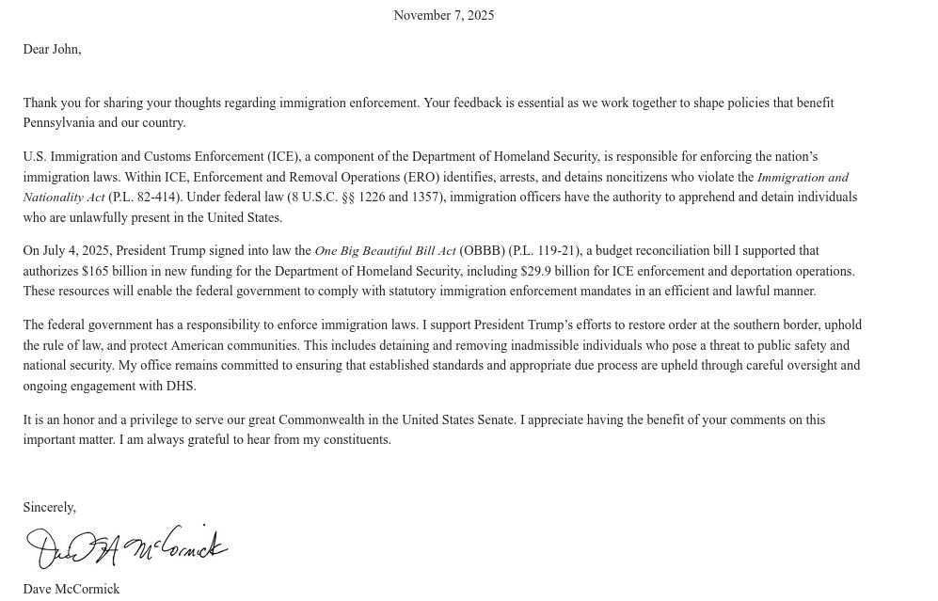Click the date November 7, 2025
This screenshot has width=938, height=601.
pyautogui.click(x=443, y=15)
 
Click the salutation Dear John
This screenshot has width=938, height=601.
pyautogui.click(x=52, y=49)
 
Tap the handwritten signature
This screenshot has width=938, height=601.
pyautogui.click(x=126, y=546)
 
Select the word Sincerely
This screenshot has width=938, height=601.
pyautogui.click(x=49, y=507)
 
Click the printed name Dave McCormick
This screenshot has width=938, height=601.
pyautogui.click(x=72, y=589)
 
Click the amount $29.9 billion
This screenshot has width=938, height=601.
pyautogui.click(x=555, y=271)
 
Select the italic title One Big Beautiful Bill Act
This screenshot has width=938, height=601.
pyautogui.click(x=385, y=251)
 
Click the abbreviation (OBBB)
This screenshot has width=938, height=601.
pyautogui.click(x=482, y=251)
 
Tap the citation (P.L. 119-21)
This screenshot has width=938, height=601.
pyautogui.click(x=544, y=251)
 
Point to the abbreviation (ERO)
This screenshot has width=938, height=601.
pyautogui.click(x=421, y=177)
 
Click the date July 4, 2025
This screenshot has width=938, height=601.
pyautogui.click(x=76, y=251)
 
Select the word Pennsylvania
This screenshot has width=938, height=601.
pyautogui.click(x=58, y=123)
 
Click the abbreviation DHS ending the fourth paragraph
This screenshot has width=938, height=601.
pyautogui.click(x=180, y=386)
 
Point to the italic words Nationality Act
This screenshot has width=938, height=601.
pyautogui.click(x=64, y=198)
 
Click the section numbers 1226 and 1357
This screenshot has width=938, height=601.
pyautogui.click(x=398, y=198)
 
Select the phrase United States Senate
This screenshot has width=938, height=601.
pyautogui.click(x=458, y=419)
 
